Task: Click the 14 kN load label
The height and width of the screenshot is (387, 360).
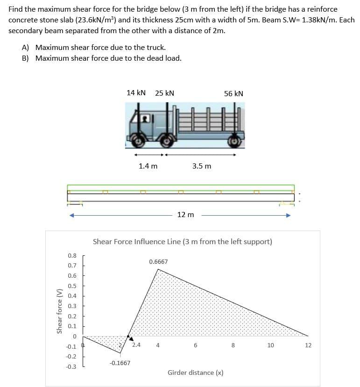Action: [136, 93]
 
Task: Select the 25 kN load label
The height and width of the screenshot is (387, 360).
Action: [164, 93]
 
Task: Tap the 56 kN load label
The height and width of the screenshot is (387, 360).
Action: [233, 93]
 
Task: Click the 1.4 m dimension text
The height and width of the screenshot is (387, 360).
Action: [148, 166]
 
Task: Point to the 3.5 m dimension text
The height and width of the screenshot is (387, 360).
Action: [202, 166]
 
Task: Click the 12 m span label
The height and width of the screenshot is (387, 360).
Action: [185, 214]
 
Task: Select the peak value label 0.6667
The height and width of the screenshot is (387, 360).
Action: [158, 262]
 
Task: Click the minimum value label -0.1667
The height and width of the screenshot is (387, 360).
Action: [120, 363]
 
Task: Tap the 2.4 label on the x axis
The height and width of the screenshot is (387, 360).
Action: [136, 345]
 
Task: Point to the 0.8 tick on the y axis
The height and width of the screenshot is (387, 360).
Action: [72, 255]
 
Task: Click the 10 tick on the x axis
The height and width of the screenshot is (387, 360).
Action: [270, 345]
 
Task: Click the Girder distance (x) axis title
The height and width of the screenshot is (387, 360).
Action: [195, 373]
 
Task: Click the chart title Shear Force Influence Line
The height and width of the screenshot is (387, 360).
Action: [182, 242]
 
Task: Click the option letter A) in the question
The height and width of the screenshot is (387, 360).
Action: [26, 48]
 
